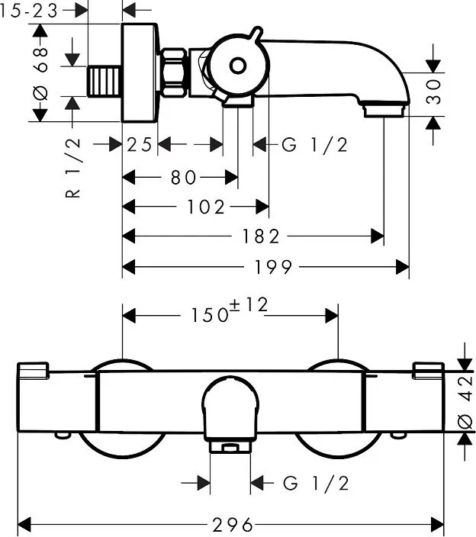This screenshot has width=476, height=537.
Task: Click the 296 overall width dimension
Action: tap(232, 525)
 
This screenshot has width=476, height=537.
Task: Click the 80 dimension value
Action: tap(183, 177)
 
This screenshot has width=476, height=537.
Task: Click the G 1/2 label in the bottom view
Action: tap(315, 484)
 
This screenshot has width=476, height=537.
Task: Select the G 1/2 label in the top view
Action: tap(314, 144)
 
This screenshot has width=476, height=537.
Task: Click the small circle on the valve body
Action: tap(237, 66)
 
